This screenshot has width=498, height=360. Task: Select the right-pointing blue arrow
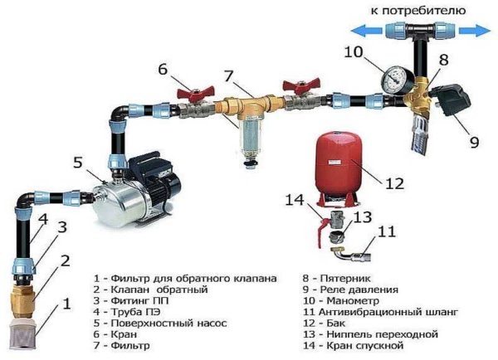(473, 30)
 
